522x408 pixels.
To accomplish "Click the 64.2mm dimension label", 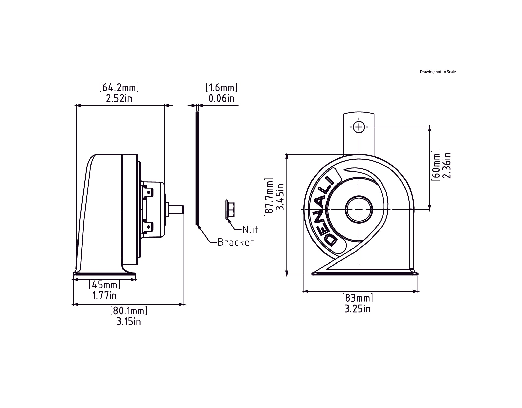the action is (119, 87).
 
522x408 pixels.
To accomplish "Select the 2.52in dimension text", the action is (119, 98).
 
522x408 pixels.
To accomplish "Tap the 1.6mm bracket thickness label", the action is (221, 87).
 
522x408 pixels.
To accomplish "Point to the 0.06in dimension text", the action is (221, 98).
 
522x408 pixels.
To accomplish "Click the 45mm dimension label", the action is (105, 285).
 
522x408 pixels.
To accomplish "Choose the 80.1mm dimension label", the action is (129, 311).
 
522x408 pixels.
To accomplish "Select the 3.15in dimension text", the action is (129, 322).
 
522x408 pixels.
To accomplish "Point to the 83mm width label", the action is (358, 298).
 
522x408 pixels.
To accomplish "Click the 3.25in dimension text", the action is (358, 309).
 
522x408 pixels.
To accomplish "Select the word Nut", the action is (250, 230).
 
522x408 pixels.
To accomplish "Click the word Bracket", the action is (236, 242).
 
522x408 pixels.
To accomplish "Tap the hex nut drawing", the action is (230, 209).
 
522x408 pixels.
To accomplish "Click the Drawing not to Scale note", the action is (438, 72).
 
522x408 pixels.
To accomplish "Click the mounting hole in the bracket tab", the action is (359, 127).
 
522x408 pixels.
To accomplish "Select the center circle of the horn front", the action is (359, 209).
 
